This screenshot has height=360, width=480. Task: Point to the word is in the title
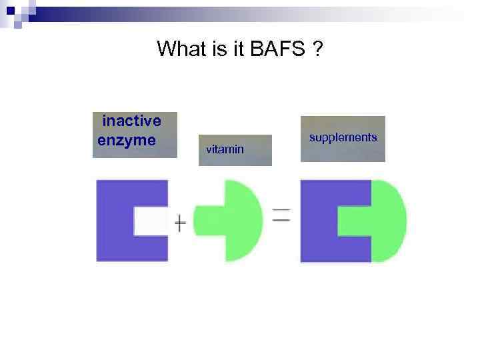(x=219, y=49)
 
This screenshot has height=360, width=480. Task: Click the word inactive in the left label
(x=131, y=121)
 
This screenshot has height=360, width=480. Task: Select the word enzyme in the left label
(x=127, y=141)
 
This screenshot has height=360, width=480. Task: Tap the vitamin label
(x=225, y=149)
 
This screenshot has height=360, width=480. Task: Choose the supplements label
(x=343, y=137)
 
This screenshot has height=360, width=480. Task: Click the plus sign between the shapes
(x=180, y=222)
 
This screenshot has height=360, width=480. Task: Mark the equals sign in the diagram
(x=281, y=215)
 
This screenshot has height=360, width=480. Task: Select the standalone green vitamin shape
(x=241, y=220)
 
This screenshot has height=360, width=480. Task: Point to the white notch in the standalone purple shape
(x=151, y=220)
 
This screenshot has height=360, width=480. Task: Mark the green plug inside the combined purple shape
(x=354, y=220)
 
